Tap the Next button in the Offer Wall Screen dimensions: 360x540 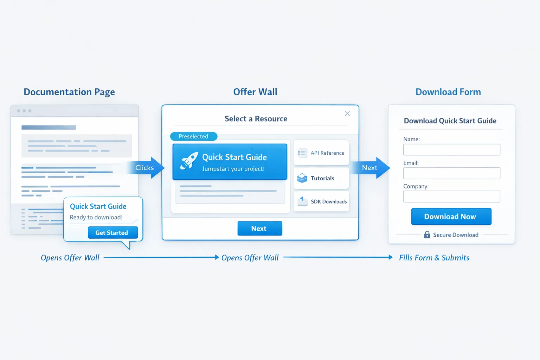(x=260, y=229)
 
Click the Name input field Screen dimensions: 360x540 (x=451, y=150)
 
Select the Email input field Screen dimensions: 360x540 (x=451, y=173)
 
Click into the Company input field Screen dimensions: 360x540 (x=451, y=197)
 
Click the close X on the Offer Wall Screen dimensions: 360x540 (x=347, y=114)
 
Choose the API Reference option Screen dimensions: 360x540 (x=321, y=153)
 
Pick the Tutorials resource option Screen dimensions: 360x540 (x=321, y=178)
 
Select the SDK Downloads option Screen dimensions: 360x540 (x=321, y=201)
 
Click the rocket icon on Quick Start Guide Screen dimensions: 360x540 (x=189, y=161)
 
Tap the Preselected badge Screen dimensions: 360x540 (x=194, y=136)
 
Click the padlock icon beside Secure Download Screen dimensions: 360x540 (x=427, y=235)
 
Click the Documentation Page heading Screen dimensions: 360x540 (x=69, y=92)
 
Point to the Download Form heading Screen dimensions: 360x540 (x=448, y=92)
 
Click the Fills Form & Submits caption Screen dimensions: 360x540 (x=434, y=258)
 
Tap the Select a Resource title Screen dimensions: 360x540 (x=256, y=119)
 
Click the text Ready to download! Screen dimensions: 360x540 (x=96, y=217)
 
